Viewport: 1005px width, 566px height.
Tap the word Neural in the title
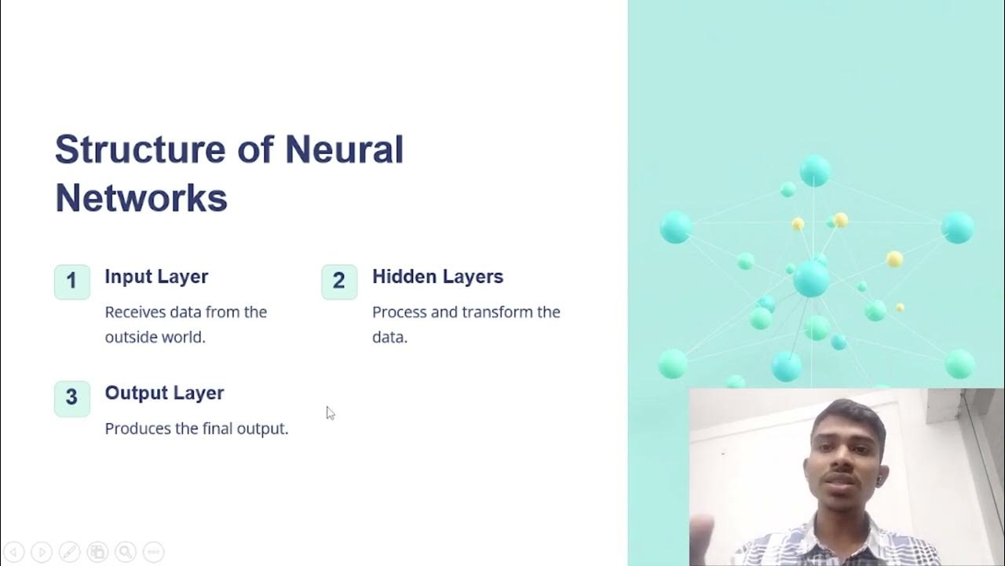coord(344,149)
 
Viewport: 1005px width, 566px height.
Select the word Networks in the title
coord(141,198)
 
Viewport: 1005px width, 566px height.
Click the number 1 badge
coord(71,281)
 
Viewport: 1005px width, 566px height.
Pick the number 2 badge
coord(339,281)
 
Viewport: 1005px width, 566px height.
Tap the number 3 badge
coord(71,398)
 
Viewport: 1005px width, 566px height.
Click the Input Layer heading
coord(156,277)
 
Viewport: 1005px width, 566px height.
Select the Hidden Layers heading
coord(437,277)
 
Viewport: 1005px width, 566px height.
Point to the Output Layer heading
coord(164,393)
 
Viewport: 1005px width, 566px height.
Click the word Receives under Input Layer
coord(135,312)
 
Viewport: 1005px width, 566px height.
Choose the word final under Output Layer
coord(219,428)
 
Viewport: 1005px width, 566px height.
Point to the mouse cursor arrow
coord(330,412)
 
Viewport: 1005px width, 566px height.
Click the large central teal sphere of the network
coord(811,279)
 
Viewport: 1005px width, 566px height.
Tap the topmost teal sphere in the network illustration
coord(815,171)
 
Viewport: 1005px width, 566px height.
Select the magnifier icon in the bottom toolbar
coord(125,552)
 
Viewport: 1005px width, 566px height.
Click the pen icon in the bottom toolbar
coord(69,552)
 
